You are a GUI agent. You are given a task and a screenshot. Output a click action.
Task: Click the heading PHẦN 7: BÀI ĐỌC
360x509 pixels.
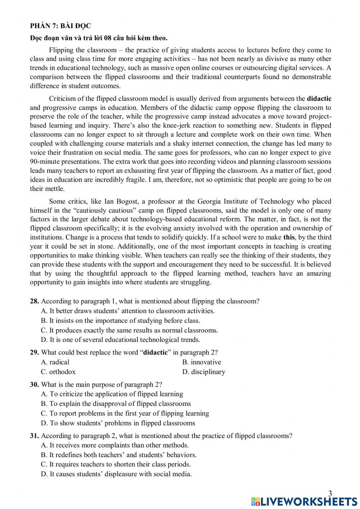pyautogui.click(x=60, y=26)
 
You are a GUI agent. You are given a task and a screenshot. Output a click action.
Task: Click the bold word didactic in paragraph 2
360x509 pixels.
pyautogui.click(x=319, y=98)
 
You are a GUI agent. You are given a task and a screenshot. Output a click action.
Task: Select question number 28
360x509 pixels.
pyautogui.click(x=35, y=301)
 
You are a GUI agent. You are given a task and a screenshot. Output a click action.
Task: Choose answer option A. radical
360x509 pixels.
pyautogui.click(x=55, y=362)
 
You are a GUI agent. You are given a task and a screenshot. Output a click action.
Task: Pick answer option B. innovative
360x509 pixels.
pyautogui.click(x=202, y=362)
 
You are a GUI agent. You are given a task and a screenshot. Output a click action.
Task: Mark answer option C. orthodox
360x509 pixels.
pyautogui.click(x=58, y=372)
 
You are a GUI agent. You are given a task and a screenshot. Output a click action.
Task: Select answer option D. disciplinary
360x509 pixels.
pyautogui.click(x=204, y=372)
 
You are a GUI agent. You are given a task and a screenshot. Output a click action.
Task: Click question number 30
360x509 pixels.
pyautogui.click(x=35, y=384)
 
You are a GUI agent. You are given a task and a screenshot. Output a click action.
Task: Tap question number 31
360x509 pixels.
pyautogui.click(x=35, y=436)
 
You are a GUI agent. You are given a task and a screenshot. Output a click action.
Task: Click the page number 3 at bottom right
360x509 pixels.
pyautogui.click(x=330, y=493)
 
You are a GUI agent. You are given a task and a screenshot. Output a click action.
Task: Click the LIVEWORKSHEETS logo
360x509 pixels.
pyautogui.click(x=304, y=501)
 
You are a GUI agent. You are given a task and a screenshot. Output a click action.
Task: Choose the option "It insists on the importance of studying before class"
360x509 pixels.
pyautogui.click(x=121, y=321)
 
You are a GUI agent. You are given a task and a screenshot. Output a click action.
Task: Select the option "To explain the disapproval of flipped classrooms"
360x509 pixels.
pyautogui.click(x=116, y=404)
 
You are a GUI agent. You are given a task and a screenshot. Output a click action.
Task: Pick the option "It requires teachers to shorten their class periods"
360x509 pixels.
pyautogui.click(x=116, y=464)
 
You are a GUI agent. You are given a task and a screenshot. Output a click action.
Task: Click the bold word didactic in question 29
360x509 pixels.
pyautogui.click(x=156, y=352)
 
